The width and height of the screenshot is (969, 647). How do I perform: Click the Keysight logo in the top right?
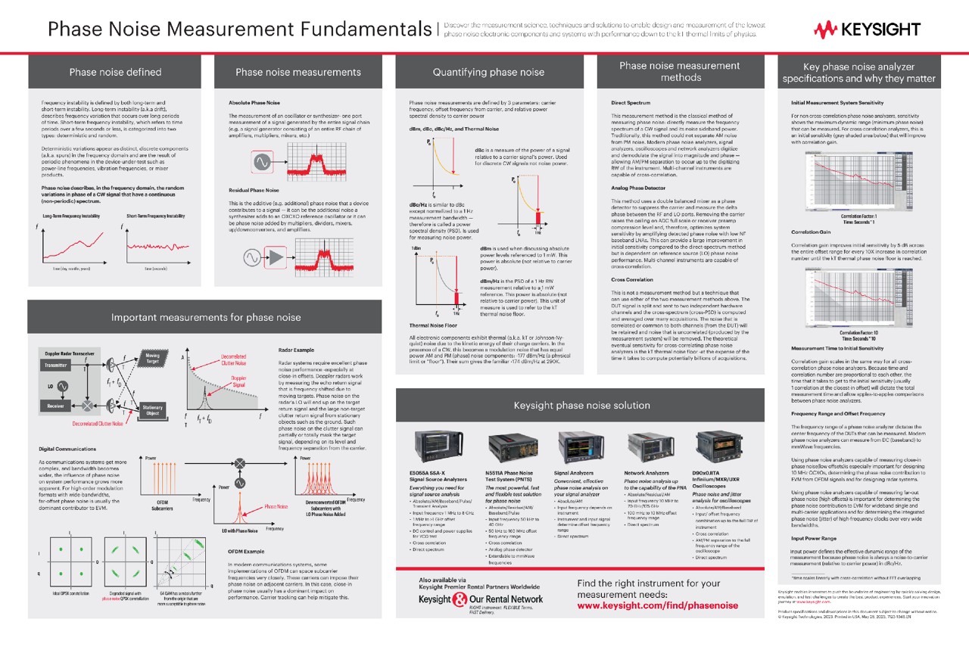pyautogui.click(x=867, y=30)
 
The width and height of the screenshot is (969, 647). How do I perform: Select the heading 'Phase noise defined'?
pyautogui.click(x=115, y=72)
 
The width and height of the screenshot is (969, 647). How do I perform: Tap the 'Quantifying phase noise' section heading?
pyautogui.click(x=488, y=72)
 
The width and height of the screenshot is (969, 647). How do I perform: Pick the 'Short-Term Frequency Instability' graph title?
pyautogui.click(x=156, y=216)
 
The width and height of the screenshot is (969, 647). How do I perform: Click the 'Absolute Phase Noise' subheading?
pyautogui.click(x=254, y=101)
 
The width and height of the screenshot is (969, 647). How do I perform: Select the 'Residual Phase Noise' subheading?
pyautogui.click(x=254, y=191)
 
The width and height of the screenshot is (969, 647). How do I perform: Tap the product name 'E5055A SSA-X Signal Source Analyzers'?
pyautogui.click(x=436, y=477)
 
